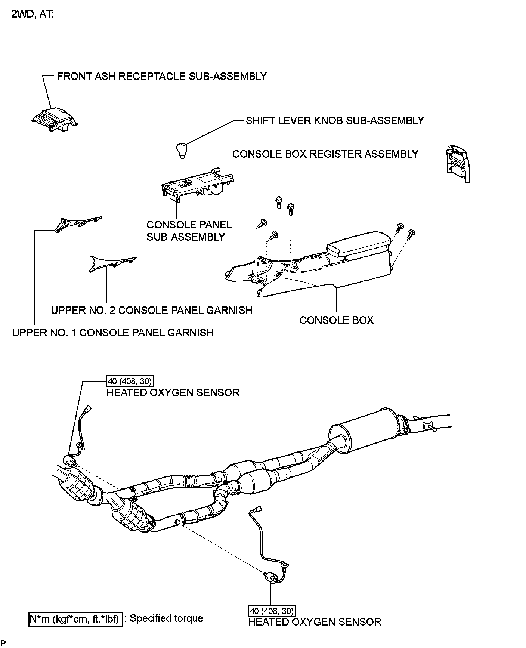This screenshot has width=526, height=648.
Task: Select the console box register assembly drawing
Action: pyautogui.click(x=457, y=164)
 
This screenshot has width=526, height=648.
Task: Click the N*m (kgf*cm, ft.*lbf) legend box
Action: pyautogui.click(x=75, y=619)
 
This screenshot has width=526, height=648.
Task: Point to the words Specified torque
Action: pyautogui.click(x=166, y=618)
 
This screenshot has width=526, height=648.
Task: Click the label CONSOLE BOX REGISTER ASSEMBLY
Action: pyautogui.click(x=325, y=154)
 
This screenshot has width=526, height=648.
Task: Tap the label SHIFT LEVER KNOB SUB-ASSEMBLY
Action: pyautogui.click(x=335, y=120)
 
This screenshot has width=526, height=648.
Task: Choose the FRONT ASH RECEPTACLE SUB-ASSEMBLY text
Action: pyautogui.click(x=162, y=76)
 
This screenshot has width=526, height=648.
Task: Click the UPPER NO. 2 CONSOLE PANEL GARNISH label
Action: pyautogui.click(x=152, y=310)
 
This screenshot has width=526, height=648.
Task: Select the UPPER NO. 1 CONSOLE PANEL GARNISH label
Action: pyautogui.click(x=113, y=333)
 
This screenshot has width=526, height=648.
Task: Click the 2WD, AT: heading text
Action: pyautogui.click(x=33, y=15)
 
